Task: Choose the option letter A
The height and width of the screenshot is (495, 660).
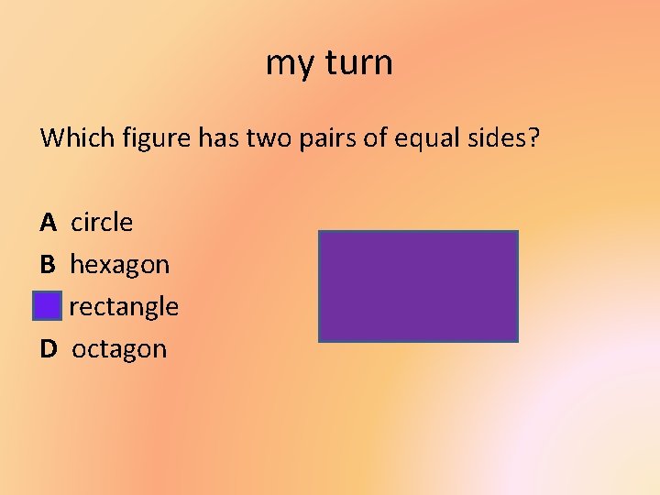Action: pos(49,223)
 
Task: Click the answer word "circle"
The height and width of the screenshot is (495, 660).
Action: pos(102,223)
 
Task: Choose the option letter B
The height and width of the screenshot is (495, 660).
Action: pos(48,265)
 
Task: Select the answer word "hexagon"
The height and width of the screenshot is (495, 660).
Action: pos(119,266)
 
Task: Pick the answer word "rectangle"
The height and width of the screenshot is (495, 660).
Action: pos(124,307)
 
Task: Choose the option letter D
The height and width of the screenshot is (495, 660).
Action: pos(49,349)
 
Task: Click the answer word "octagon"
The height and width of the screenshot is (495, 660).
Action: pos(119,350)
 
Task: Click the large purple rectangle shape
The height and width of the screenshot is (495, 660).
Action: pos(418,286)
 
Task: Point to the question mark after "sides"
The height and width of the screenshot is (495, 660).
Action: pos(534,138)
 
